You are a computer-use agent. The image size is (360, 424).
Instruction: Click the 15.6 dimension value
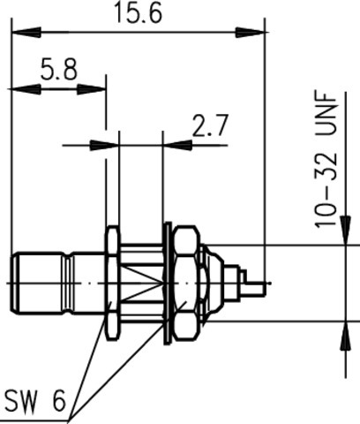coord(138,12)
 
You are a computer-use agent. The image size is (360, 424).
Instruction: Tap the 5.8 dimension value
coord(59,70)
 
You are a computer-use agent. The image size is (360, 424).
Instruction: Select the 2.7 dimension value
coord(210,125)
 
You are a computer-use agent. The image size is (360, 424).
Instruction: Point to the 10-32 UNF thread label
coord(326,160)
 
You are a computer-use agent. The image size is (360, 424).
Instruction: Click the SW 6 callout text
coord(35,401)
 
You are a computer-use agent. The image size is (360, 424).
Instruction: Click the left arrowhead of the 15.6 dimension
coord(26,32)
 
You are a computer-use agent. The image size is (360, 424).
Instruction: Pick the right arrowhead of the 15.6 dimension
coord(250,32)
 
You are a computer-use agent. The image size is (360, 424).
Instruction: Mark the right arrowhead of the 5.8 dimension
coord(91,89)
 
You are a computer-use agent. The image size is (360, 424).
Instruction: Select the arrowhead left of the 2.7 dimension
coord(104,145)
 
